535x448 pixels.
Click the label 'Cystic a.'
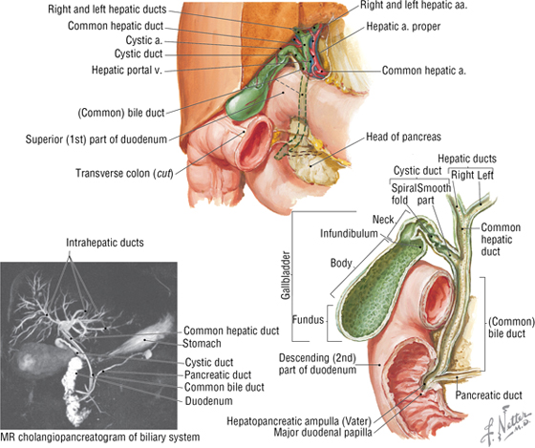143,40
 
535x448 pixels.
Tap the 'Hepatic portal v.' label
126,70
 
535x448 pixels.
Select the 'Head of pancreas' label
403,137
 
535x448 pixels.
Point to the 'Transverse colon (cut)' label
124,173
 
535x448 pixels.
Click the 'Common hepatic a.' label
424,71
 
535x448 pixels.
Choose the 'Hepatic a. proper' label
403,27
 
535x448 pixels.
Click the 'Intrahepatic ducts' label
105,243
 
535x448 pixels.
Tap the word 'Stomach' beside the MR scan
202,343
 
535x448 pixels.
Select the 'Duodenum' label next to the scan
208,401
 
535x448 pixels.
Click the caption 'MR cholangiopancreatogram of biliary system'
100,437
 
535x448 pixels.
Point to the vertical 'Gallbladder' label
286,275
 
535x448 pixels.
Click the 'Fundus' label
308,319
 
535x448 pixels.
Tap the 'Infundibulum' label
349,233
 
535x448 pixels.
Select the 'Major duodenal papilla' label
323,433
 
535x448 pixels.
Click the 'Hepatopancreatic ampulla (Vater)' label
299,421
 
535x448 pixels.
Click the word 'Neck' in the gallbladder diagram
383,220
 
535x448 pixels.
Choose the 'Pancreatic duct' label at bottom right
488,395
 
